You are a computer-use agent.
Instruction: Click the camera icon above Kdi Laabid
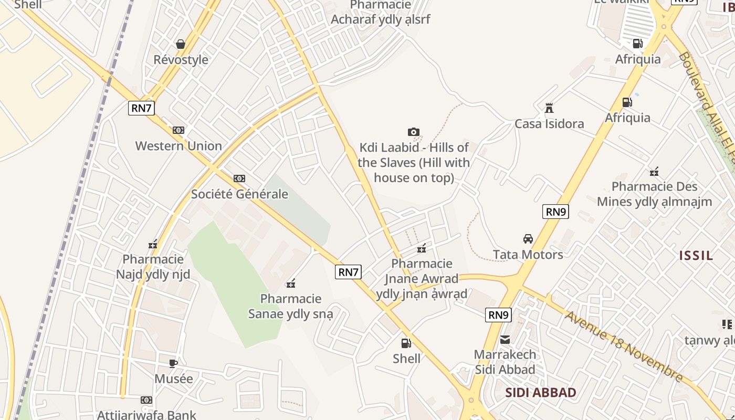414,132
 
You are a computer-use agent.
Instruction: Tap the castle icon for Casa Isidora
549,108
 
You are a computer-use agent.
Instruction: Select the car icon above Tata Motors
528,239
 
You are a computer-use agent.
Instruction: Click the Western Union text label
178,146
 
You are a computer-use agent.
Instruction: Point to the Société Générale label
239,194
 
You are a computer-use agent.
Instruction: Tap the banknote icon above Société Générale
239,178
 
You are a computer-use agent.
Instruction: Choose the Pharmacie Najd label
153,267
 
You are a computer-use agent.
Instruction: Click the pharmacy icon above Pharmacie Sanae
291,283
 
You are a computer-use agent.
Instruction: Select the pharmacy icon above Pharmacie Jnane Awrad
422,248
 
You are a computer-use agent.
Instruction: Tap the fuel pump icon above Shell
406,343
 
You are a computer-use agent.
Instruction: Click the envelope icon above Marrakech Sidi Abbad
505,340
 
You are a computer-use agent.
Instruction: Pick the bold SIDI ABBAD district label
541,393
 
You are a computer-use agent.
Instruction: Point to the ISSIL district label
696,256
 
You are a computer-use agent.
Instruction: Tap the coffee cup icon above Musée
173,363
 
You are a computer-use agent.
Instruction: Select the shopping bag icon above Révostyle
181,44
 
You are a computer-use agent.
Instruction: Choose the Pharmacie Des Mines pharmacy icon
654,171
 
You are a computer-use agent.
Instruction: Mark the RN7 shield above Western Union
141,108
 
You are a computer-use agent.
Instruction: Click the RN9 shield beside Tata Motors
555,212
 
